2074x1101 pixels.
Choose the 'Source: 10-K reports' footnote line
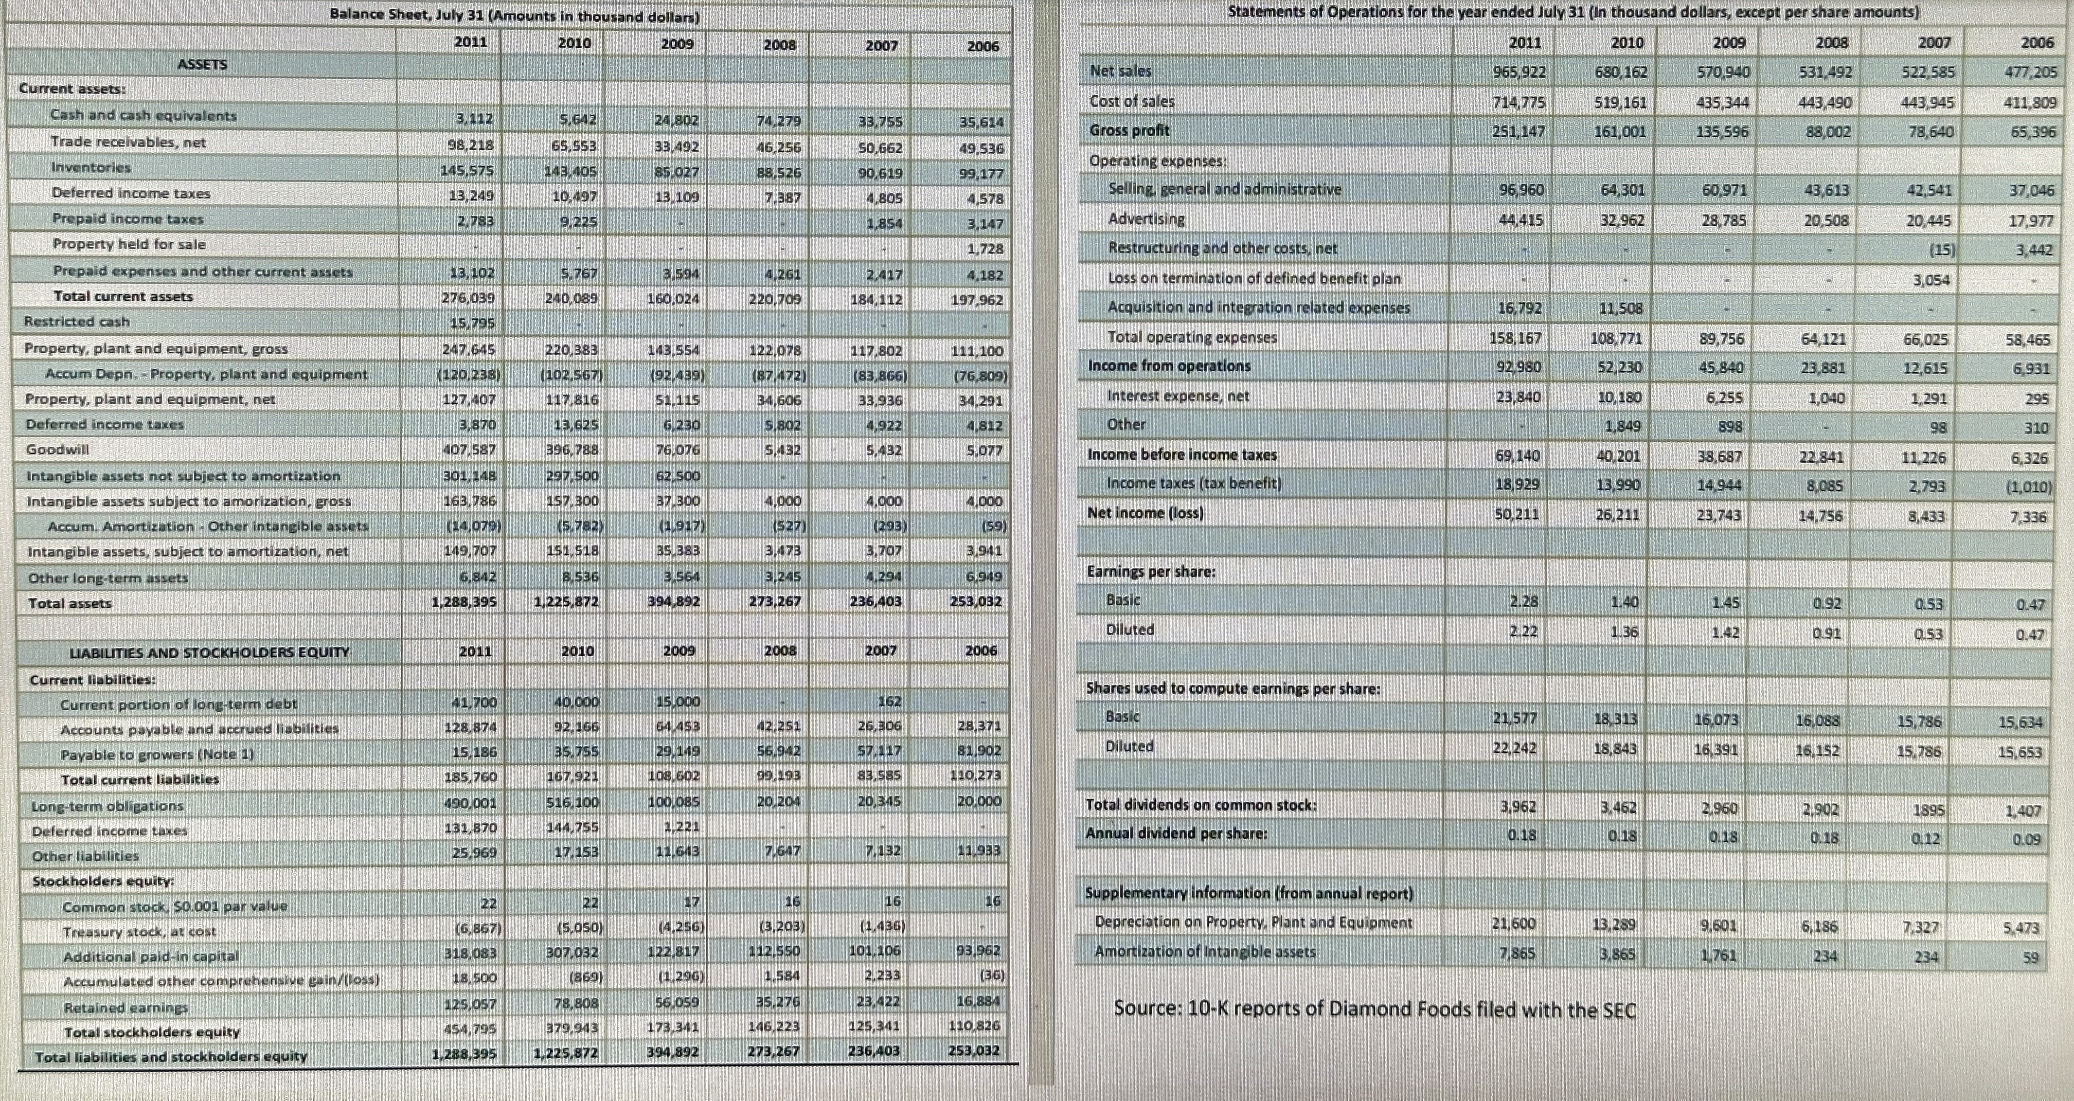pos(1374,1009)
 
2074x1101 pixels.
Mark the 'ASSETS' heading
pos(202,64)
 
